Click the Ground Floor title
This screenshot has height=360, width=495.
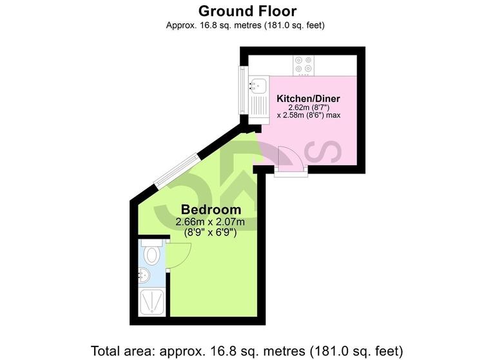coord(247,11)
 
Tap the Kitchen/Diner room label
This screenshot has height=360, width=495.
coord(308,99)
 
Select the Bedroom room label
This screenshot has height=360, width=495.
coord(211,210)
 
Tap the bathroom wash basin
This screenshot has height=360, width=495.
coord(145,275)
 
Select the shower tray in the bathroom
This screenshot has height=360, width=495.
coord(153,303)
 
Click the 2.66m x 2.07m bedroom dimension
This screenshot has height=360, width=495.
coord(211,222)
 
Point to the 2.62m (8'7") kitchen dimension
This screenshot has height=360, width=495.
coord(308,107)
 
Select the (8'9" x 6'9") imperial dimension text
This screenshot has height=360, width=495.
coord(211,233)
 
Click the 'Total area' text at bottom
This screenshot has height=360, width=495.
coord(247,351)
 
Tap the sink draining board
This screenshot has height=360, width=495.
coord(259,105)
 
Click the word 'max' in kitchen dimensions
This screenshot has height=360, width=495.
coord(333,115)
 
